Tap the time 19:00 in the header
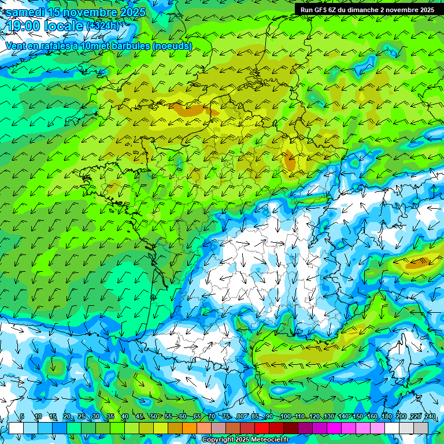click(24, 26)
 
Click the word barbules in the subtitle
click(128, 46)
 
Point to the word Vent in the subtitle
click(15, 46)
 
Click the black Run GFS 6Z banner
click(368, 10)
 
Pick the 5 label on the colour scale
click(22, 416)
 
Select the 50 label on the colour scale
click(153, 416)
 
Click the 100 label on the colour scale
click(285, 416)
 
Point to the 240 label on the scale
click(430, 416)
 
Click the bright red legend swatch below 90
click(262, 428)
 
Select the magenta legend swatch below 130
click(334, 428)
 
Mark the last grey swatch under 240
click(421, 428)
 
